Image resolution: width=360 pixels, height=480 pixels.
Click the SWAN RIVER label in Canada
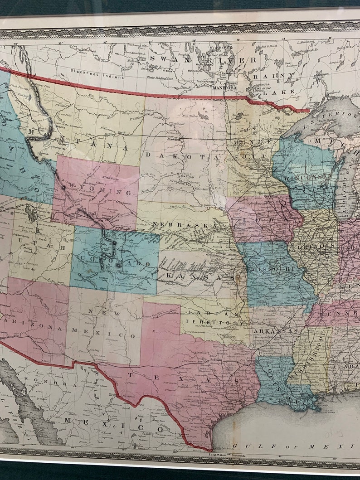click(203, 59)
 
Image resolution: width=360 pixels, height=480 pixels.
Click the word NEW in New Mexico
click(96, 310)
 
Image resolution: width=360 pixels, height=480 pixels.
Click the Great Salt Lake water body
click(31, 213)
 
